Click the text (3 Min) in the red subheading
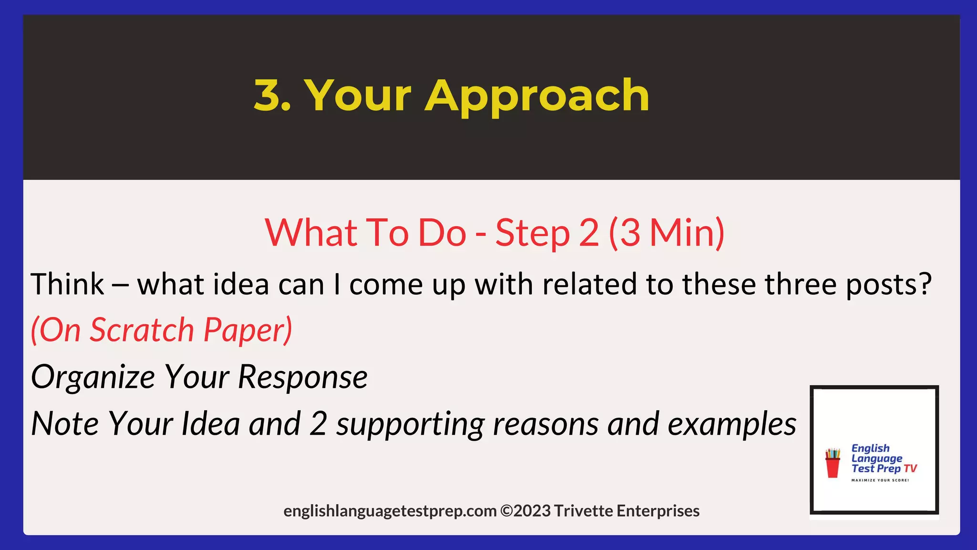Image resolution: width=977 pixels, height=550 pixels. [666, 233]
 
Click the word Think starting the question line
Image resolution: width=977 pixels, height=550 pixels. [67, 284]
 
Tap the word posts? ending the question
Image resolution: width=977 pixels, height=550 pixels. [888, 285]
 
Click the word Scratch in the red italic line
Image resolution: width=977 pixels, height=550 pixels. [142, 330]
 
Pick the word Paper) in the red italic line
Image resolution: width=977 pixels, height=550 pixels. [248, 331]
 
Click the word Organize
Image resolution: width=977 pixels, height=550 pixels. [93, 377]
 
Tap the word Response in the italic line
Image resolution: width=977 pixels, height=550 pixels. [302, 377]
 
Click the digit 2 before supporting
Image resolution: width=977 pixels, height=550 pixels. [318, 424]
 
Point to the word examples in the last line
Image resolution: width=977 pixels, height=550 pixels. [732, 424]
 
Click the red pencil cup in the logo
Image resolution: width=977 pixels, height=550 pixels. [833, 463]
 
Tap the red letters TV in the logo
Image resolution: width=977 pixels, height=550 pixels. [910, 468]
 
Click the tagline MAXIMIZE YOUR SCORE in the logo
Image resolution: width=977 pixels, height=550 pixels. [880, 480]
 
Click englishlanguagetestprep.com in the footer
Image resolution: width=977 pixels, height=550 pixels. [390, 511]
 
